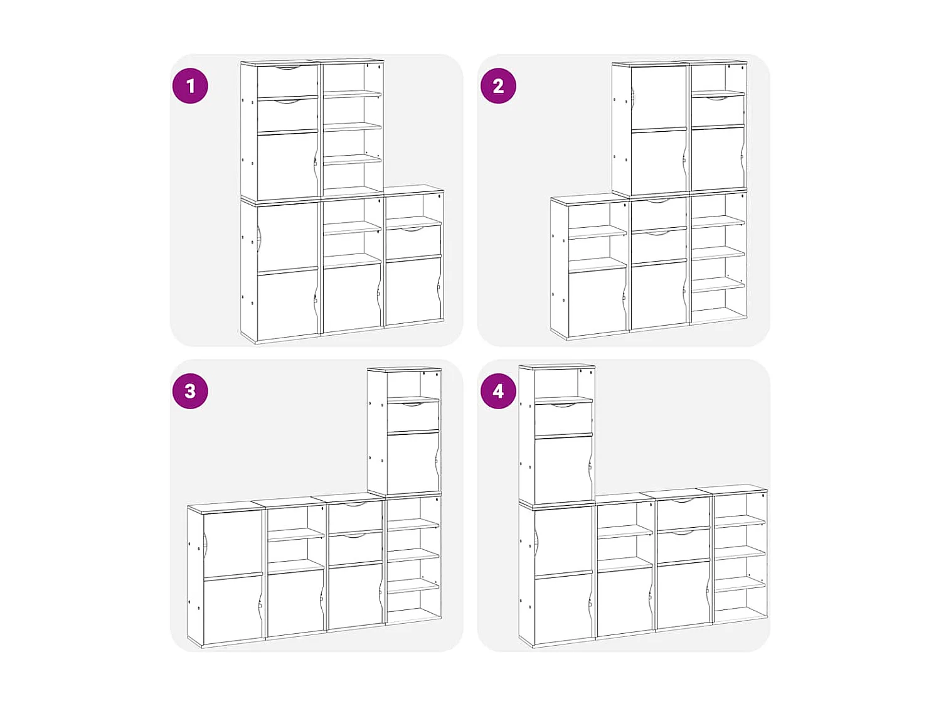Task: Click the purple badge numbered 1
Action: click(x=190, y=86)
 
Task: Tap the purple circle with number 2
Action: click(x=498, y=86)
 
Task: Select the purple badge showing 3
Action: click(x=190, y=391)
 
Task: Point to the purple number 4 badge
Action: click(x=498, y=391)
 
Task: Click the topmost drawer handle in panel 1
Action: click(x=288, y=68)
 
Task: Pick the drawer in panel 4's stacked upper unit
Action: click(x=563, y=419)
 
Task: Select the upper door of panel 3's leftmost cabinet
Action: click(x=233, y=543)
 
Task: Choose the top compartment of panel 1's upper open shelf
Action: click(x=352, y=78)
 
